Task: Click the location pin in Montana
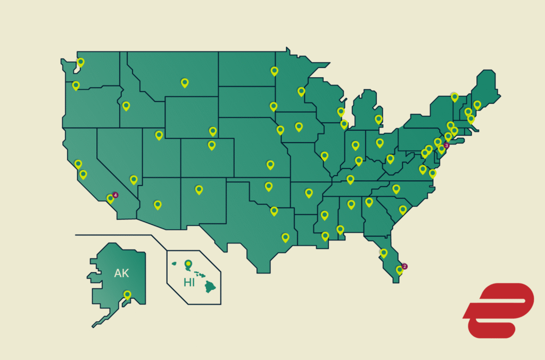(x=185, y=82)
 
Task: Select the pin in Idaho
(x=126, y=106)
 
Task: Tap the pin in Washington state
(x=80, y=62)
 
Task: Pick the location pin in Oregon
(x=76, y=85)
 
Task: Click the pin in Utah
(x=159, y=135)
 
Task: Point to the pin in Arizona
(x=158, y=205)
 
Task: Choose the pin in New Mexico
(x=199, y=189)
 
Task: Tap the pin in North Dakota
(x=274, y=71)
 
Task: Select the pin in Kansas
(x=270, y=164)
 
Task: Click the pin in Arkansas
(x=309, y=192)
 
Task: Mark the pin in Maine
(x=477, y=105)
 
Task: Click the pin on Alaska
(x=127, y=294)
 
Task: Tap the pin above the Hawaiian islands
(x=187, y=263)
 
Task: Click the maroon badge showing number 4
(x=115, y=195)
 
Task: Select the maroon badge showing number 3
(x=447, y=145)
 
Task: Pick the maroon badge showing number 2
(x=404, y=266)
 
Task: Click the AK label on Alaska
(x=122, y=273)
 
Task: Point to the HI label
(x=189, y=282)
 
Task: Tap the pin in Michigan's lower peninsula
(x=378, y=119)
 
